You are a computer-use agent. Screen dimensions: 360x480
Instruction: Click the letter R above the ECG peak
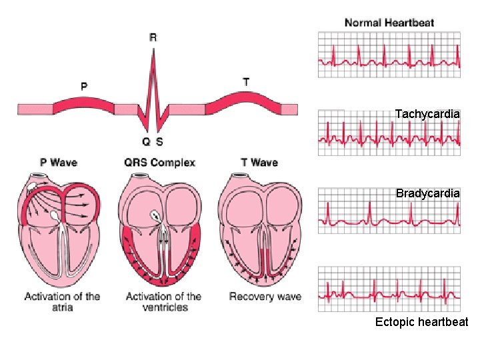[x=153, y=38]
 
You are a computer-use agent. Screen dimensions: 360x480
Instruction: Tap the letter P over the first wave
[x=84, y=86]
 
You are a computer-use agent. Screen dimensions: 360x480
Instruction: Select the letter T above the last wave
[x=247, y=82]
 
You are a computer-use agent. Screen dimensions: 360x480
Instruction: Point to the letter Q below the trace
[x=145, y=141]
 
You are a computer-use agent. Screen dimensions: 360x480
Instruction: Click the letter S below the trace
[x=160, y=141]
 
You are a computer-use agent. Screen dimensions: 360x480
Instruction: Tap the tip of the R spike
[x=153, y=51]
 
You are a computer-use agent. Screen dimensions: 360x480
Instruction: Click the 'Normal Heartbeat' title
[x=389, y=23]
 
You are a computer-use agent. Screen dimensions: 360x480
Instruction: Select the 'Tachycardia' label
[x=427, y=114]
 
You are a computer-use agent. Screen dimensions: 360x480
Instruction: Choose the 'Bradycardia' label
[x=427, y=193]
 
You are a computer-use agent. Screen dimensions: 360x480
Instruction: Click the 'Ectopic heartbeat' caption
[x=421, y=322]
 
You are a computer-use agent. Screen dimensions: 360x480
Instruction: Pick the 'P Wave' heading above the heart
[x=59, y=162]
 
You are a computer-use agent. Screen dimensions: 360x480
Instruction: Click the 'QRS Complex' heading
[x=159, y=162]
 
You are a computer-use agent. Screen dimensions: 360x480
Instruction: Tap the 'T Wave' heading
[x=259, y=162]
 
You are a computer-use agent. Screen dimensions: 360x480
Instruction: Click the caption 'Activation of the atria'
[x=62, y=301]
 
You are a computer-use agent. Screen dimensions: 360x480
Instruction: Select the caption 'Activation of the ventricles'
[x=163, y=301]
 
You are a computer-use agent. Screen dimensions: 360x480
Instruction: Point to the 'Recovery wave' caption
[x=265, y=297]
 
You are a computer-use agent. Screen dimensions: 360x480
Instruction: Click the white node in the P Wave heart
[x=53, y=216]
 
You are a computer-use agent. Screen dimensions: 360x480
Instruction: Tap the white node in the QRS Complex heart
[x=155, y=215]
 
